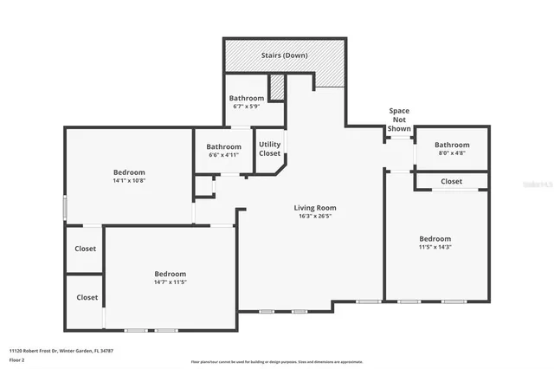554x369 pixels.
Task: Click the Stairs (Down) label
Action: click(285, 56)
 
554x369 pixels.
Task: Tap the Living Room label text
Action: click(315, 208)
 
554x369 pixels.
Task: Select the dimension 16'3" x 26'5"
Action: click(315, 217)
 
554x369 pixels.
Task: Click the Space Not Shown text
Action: click(399, 120)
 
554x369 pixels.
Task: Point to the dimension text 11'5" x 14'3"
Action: click(435, 248)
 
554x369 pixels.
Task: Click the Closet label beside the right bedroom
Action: click(451, 182)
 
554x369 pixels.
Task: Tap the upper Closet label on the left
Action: click(87, 249)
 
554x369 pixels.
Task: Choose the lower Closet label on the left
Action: click(87, 297)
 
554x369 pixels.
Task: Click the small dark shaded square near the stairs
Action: click(277, 87)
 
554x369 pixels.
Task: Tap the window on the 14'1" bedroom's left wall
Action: click(65, 209)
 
